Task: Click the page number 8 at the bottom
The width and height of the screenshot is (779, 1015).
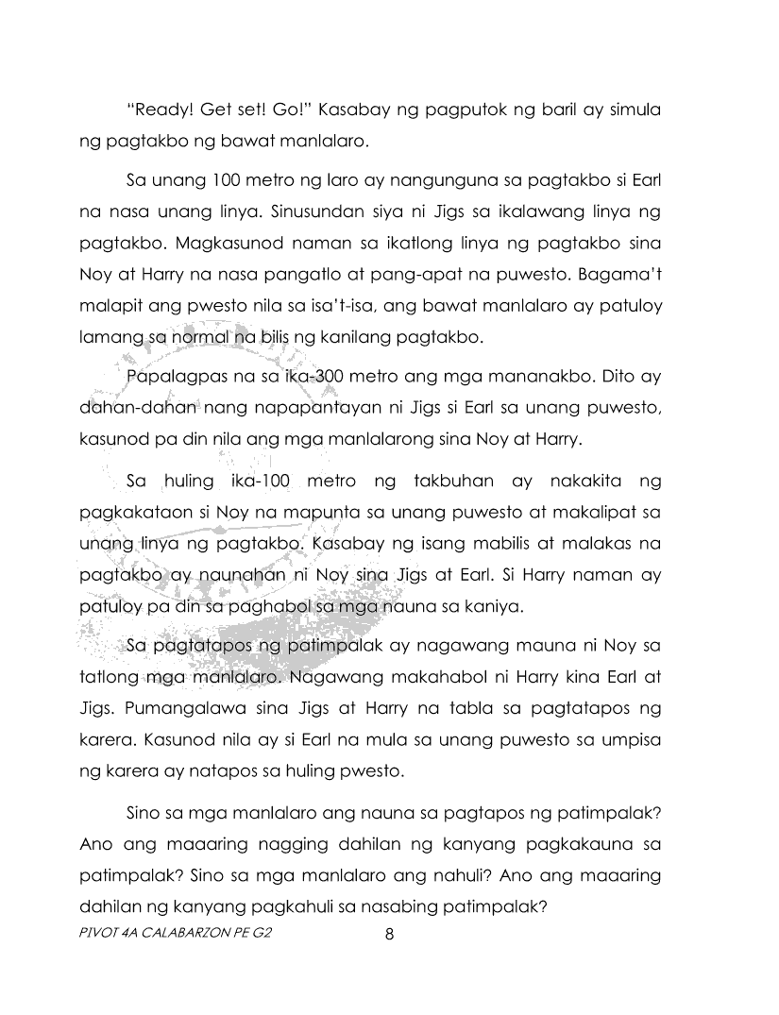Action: (x=389, y=936)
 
